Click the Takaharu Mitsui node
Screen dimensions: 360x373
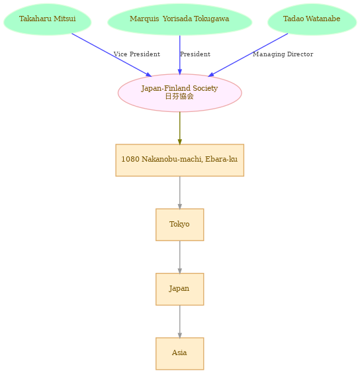[x=47, y=19]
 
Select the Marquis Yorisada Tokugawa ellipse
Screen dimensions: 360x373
[x=179, y=19]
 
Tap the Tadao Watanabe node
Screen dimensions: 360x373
[x=312, y=19]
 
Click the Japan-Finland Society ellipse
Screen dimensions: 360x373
[x=179, y=93]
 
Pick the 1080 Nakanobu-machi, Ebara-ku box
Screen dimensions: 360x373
[x=179, y=160]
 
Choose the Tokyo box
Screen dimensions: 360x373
[x=179, y=225]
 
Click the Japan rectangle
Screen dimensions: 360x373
[x=179, y=289]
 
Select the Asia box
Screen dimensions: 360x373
[x=179, y=354]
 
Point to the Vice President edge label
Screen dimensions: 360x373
[x=137, y=54]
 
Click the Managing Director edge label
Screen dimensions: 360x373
[x=283, y=54]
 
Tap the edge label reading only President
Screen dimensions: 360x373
[x=195, y=54]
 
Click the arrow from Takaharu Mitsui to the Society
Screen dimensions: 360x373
[x=112, y=55]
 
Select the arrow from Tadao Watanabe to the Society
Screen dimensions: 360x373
[x=248, y=55]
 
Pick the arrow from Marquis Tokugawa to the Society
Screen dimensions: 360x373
[x=180, y=55]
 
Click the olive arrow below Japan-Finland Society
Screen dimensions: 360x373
[x=180, y=128]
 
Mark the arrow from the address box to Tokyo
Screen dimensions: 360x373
[x=180, y=193]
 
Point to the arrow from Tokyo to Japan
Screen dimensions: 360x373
[x=180, y=257]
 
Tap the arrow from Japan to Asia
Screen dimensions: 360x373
[x=180, y=321]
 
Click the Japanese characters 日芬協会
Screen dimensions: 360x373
[x=179, y=96]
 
